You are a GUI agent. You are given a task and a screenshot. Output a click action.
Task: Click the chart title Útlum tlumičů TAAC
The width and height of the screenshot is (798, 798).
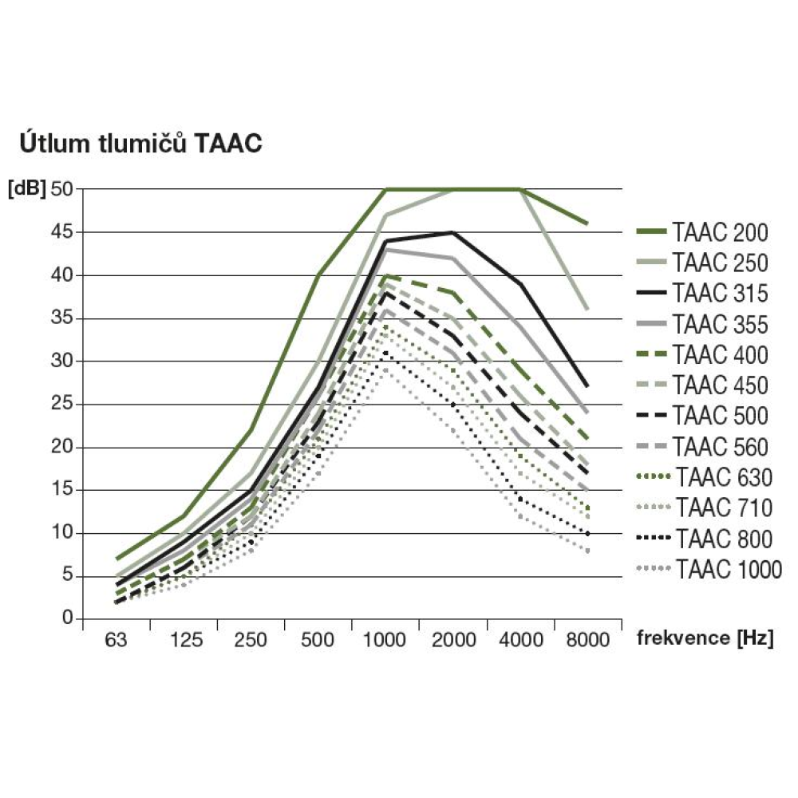pyautogui.click(x=139, y=144)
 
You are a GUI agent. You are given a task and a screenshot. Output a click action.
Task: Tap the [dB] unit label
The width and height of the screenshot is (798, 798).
pyautogui.click(x=26, y=189)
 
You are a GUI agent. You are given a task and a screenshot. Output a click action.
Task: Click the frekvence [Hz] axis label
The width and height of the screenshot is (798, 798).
pyautogui.click(x=705, y=638)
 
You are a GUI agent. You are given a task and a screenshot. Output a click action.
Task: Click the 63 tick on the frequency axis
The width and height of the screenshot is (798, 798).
pyautogui.click(x=117, y=640)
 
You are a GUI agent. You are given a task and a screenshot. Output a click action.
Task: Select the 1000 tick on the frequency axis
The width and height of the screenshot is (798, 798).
pyautogui.click(x=385, y=640)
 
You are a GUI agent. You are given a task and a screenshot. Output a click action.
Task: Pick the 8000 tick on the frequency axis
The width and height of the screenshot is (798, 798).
pyautogui.click(x=587, y=640)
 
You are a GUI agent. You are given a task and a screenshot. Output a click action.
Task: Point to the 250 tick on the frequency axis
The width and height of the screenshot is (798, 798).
pyautogui.click(x=251, y=640)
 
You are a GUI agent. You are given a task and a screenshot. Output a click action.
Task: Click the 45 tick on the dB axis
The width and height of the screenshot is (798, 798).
pyautogui.click(x=62, y=232)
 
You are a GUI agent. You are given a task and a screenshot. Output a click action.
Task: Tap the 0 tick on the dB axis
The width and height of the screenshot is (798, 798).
pyautogui.click(x=68, y=619)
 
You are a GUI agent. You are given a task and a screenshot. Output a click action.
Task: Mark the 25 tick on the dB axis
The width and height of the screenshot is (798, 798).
pyautogui.click(x=62, y=405)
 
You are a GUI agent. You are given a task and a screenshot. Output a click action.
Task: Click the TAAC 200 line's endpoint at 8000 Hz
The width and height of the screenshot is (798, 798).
pyautogui.click(x=587, y=223)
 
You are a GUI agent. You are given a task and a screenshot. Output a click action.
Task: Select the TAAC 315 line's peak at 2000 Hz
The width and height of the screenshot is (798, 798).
pyautogui.click(x=452, y=232)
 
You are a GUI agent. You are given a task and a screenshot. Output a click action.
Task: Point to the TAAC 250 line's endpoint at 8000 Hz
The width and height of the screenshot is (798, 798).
pyautogui.click(x=587, y=310)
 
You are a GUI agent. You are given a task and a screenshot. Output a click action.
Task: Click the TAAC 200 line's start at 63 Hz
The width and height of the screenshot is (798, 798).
pyautogui.click(x=117, y=559)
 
